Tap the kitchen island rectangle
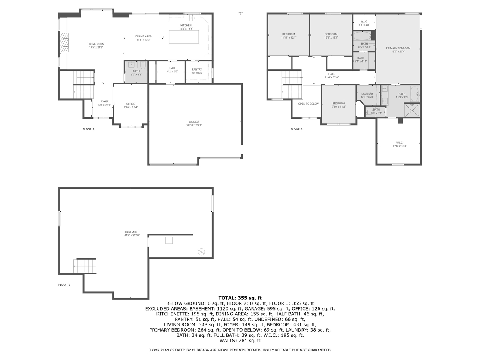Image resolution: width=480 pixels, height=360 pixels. point(183,37)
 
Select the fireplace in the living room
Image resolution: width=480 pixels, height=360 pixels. point(65,43)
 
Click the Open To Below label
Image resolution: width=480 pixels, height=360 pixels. point(308,104)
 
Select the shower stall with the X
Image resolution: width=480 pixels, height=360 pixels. point(412,111)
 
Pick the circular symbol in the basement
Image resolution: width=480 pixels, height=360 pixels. point(201,252)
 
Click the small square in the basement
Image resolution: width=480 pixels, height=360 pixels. point(169,240)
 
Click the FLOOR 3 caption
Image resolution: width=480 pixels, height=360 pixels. point(296,129)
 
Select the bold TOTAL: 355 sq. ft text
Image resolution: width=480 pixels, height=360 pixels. point(240,298)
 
